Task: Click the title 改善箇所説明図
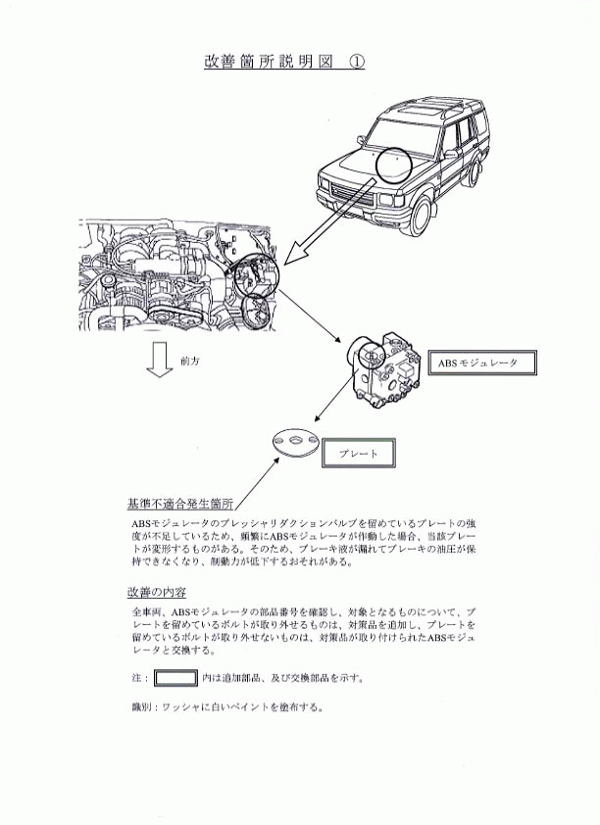click(269, 62)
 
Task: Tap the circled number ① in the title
click(356, 62)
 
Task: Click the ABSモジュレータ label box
click(481, 363)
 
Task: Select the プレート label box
click(359, 453)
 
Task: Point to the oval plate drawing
click(296, 443)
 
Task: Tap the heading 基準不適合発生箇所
click(180, 504)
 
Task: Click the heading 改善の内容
click(156, 592)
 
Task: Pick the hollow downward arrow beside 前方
click(160, 360)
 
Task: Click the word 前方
click(189, 362)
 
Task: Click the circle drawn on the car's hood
click(393, 166)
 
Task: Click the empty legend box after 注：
click(175, 678)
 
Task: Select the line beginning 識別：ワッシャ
click(226, 706)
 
